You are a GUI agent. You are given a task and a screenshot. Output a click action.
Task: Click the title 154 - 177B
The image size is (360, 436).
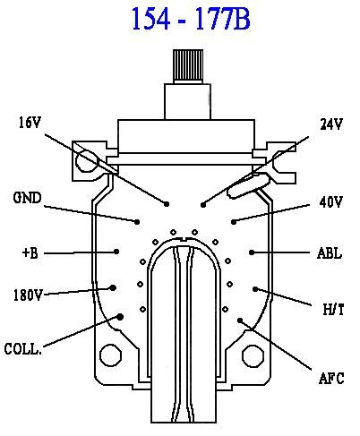click(x=191, y=19)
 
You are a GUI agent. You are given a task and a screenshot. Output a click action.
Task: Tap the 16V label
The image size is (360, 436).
click(x=30, y=123)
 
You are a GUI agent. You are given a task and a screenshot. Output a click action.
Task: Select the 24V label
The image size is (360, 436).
click(x=331, y=124)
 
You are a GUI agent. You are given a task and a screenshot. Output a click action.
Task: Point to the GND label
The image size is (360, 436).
click(x=27, y=198)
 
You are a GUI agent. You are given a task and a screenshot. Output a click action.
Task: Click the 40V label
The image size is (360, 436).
click(x=330, y=202)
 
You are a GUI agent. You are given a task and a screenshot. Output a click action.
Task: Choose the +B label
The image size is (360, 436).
click(x=30, y=253)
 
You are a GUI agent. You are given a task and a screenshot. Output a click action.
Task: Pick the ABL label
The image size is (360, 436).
click(x=330, y=253)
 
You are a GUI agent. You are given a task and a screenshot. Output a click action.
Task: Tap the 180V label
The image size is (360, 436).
click(x=28, y=295)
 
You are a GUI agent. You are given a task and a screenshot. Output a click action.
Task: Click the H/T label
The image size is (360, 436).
click(x=333, y=309)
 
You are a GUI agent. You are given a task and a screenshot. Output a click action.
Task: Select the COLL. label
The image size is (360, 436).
click(x=22, y=349)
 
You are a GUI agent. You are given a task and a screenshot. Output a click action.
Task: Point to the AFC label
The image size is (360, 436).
click(x=331, y=378)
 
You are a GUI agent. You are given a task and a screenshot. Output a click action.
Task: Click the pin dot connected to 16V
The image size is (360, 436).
click(x=167, y=204)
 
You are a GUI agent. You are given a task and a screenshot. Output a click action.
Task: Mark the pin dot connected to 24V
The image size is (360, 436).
click(x=203, y=205)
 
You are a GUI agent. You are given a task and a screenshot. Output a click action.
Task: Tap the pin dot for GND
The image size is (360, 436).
click(x=137, y=222)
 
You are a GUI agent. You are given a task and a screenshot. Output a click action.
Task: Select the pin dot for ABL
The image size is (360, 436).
click(x=252, y=252)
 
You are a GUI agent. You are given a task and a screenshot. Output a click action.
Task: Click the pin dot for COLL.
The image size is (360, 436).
click(x=120, y=317)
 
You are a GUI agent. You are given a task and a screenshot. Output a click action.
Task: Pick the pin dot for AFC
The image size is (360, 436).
click(x=240, y=321)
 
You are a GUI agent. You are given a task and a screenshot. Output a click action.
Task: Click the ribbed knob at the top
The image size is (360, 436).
click(x=188, y=64)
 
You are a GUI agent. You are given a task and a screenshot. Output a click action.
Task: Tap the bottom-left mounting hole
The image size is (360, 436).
click(x=111, y=355)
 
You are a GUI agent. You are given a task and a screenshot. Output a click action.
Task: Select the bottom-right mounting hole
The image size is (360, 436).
click(x=253, y=356)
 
